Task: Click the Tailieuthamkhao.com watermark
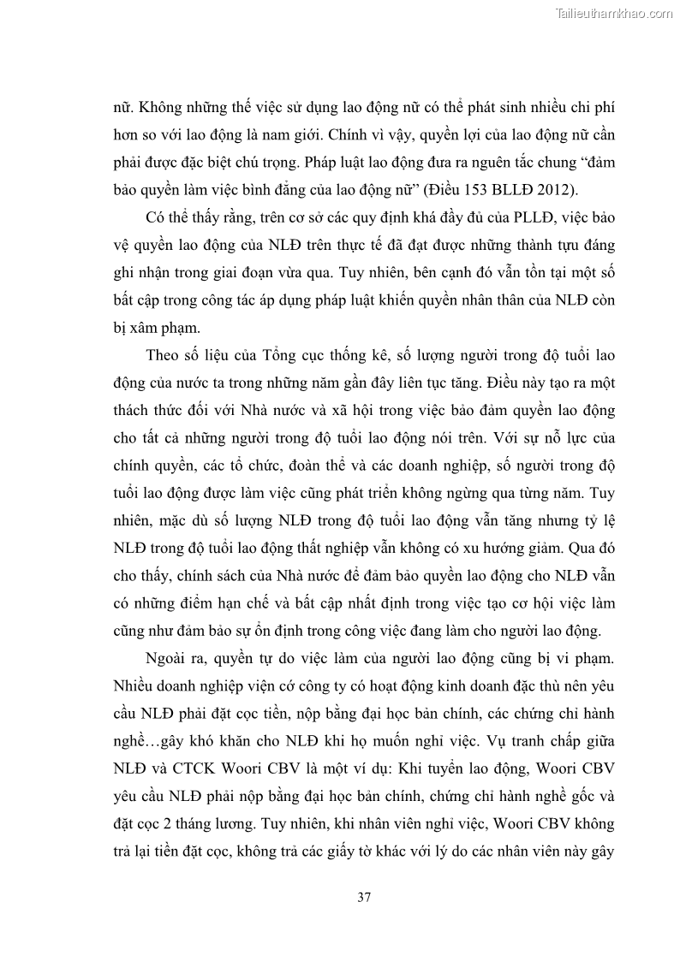click(x=614, y=13)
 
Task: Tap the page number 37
click(x=363, y=898)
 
